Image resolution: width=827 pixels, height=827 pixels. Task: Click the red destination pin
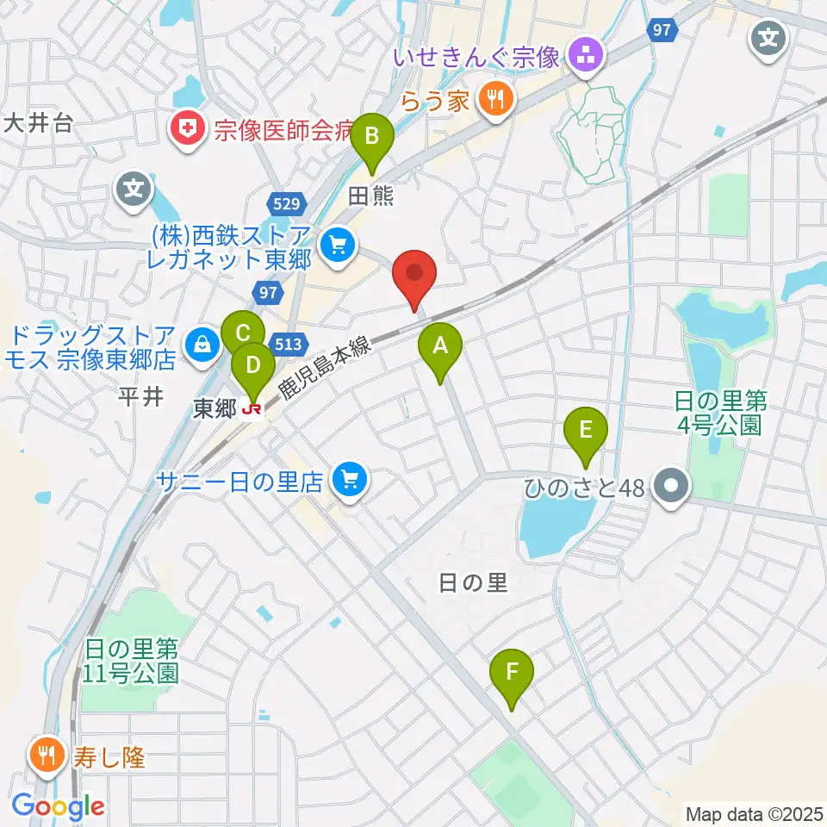pos(414,276)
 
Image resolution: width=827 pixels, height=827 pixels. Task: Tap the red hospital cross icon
pos(184,129)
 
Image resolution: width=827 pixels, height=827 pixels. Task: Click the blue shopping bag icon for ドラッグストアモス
pos(202,344)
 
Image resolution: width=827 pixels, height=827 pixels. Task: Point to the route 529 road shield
pos(283,204)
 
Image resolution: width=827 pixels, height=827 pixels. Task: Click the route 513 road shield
pos(289,344)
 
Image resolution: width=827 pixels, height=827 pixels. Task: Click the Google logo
pos(59,807)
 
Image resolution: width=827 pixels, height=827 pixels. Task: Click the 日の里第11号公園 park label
pos(131,659)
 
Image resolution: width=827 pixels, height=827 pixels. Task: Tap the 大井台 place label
pos(36,123)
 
